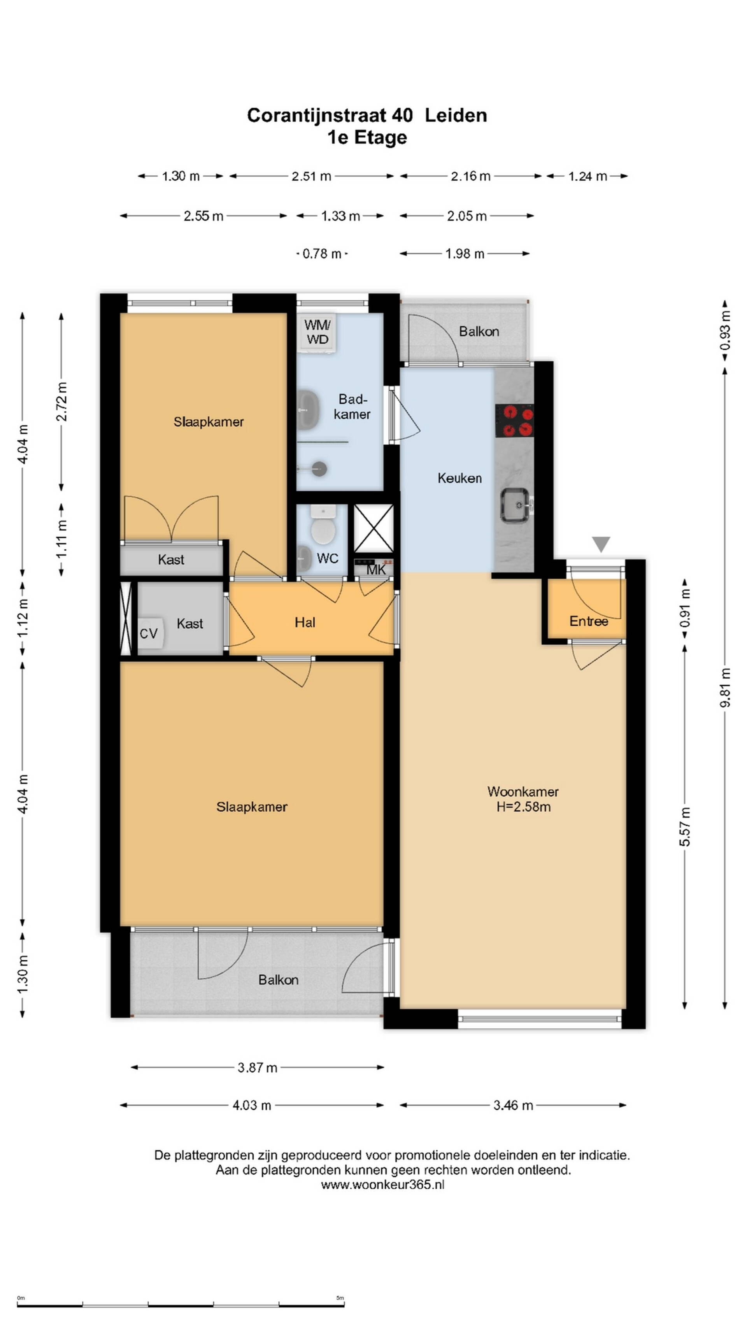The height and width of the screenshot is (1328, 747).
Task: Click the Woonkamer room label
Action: [523, 791]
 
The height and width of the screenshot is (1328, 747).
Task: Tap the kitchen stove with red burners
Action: [514, 421]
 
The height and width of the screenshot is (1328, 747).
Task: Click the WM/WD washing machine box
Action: [317, 332]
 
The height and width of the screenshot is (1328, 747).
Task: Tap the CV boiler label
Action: [149, 633]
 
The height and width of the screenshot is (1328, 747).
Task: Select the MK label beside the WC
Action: [376, 570]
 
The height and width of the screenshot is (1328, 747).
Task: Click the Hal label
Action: [305, 622]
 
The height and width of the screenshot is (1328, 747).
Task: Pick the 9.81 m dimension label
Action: [725, 688]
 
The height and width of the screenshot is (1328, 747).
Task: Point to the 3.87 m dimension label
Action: [257, 1068]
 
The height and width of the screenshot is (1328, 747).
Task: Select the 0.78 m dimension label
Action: [322, 254]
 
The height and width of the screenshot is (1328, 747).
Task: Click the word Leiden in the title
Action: [456, 115]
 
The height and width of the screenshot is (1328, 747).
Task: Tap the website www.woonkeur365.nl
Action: [382, 1185]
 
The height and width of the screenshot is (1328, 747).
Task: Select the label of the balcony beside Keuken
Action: [479, 331]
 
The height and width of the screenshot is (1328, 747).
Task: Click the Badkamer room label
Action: [352, 406]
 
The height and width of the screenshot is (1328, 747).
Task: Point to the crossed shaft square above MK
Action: [373, 528]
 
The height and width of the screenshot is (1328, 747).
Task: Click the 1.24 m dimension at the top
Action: [587, 176]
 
